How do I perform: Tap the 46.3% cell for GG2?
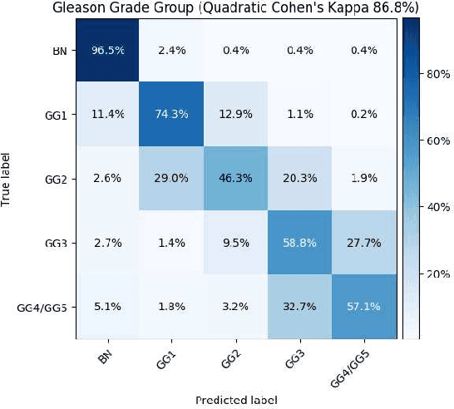pyautogui.click(x=235, y=177)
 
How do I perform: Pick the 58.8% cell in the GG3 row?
pyautogui.click(x=300, y=242)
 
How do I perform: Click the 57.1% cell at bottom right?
pyautogui.click(x=364, y=306)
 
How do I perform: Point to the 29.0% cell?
pyautogui.click(x=171, y=177)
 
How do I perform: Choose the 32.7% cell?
pyautogui.click(x=300, y=306)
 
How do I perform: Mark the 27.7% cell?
pyautogui.click(x=364, y=242)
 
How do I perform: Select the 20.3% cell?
pyautogui.click(x=300, y=177)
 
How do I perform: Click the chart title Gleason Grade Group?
pyautogui.click(x=234, y=8)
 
